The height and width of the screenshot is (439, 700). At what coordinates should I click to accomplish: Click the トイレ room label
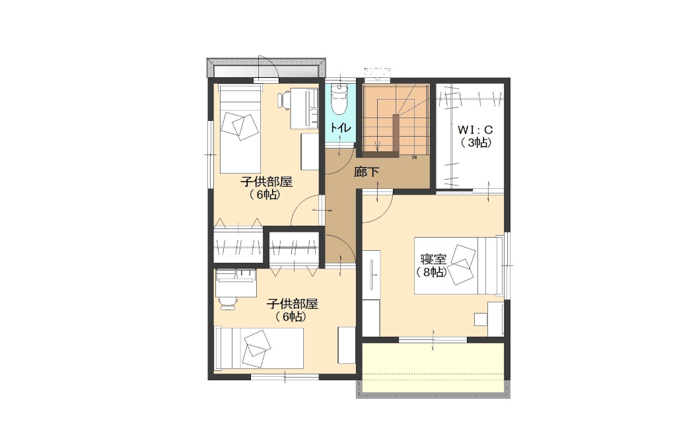click(x=341, y=127)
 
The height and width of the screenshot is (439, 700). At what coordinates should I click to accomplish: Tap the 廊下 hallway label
click(x=367, y=172)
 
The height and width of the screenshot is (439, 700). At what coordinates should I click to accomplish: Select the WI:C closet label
click(x=475, y=130)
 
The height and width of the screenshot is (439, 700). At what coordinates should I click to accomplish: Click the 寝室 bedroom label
click(x=433, y=259)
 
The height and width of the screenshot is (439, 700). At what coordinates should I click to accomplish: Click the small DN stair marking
click(x=414, y=158)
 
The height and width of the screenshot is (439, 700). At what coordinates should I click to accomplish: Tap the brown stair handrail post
click(x=396, y=133)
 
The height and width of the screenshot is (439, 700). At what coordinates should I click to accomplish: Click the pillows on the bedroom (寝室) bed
click(x=462, y=265)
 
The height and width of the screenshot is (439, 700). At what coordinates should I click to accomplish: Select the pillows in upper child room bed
click(x=240, y=125)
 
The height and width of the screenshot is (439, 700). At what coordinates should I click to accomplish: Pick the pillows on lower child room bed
click(x=257, y=349)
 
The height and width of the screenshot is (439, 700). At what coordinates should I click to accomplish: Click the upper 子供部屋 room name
click(x=267, y=182)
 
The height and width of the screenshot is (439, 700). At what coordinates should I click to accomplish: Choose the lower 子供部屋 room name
click(x=292, y=304)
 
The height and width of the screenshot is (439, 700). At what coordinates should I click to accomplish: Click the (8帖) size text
click(x=431, y=272)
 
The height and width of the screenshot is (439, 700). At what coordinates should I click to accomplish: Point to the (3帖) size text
click(x=476, y=143)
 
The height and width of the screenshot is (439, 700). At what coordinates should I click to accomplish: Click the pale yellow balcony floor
click(x=433, y=368)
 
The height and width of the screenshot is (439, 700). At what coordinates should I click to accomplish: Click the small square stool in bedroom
click(x=480, y=319)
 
